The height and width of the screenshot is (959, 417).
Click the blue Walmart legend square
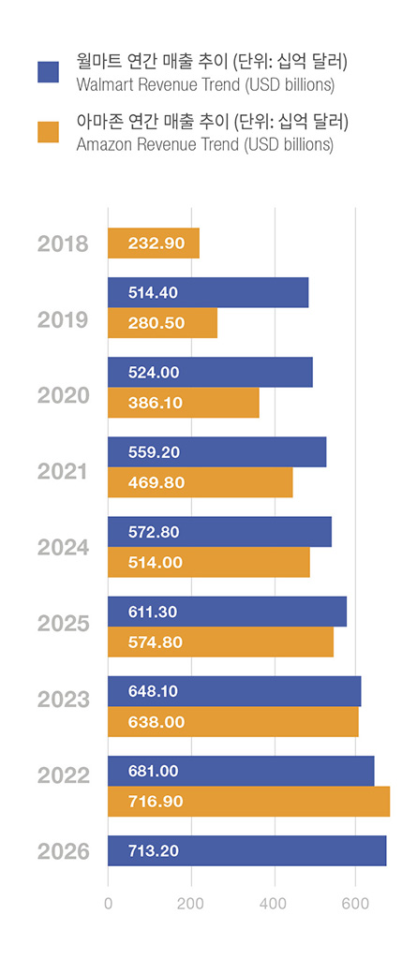[x=48, y=71]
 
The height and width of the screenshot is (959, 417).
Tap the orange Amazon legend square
[x=48, y=132]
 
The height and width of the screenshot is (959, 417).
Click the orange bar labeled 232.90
[x=154, y=243]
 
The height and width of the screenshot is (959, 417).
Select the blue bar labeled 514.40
[x=208, y=292]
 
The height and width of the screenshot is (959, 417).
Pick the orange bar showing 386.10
[x=184, y=403]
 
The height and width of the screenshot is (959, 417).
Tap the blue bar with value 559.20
[x=216, y=452]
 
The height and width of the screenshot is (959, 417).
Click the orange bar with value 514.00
[x=209, y=562]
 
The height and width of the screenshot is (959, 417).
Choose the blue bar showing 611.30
[x=227, y=612]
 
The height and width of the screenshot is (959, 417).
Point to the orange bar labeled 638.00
[x=233, y=722]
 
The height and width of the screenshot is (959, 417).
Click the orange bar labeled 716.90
[x=248, y=802]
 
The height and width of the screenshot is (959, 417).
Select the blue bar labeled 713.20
[x=247, y=850]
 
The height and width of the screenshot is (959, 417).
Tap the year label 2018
[x=63, y=244]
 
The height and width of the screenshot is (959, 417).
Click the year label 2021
[x=63, y=472]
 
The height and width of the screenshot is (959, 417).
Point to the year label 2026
[x=63, y=851]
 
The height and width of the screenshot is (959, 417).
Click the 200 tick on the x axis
[x=191, y=903]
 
